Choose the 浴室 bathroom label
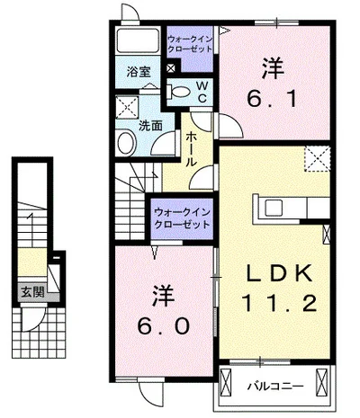point(137,71)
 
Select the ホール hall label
point(193,149)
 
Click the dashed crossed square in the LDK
point(315,160)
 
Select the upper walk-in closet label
point(191,43)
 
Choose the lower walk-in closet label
point(182,217)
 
